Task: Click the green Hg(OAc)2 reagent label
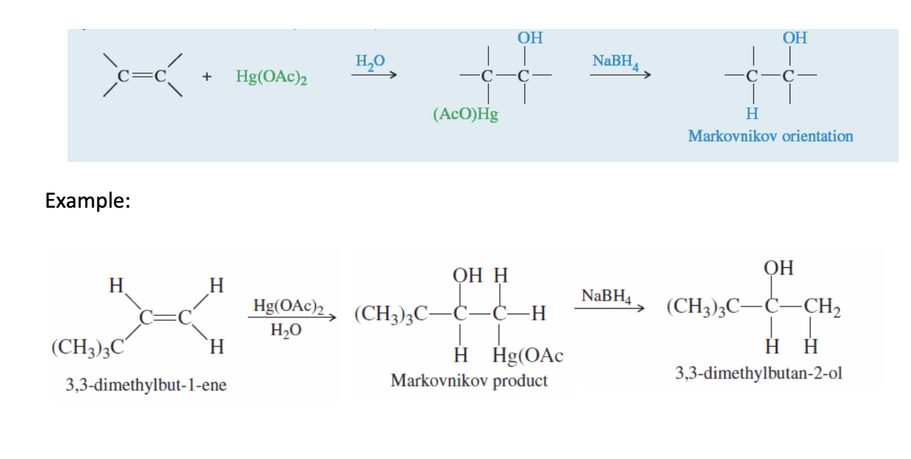271,76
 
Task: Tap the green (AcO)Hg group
466,114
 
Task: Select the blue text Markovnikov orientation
770,136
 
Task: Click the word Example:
87,200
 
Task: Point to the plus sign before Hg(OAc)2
206,76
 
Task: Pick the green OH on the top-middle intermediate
530,38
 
